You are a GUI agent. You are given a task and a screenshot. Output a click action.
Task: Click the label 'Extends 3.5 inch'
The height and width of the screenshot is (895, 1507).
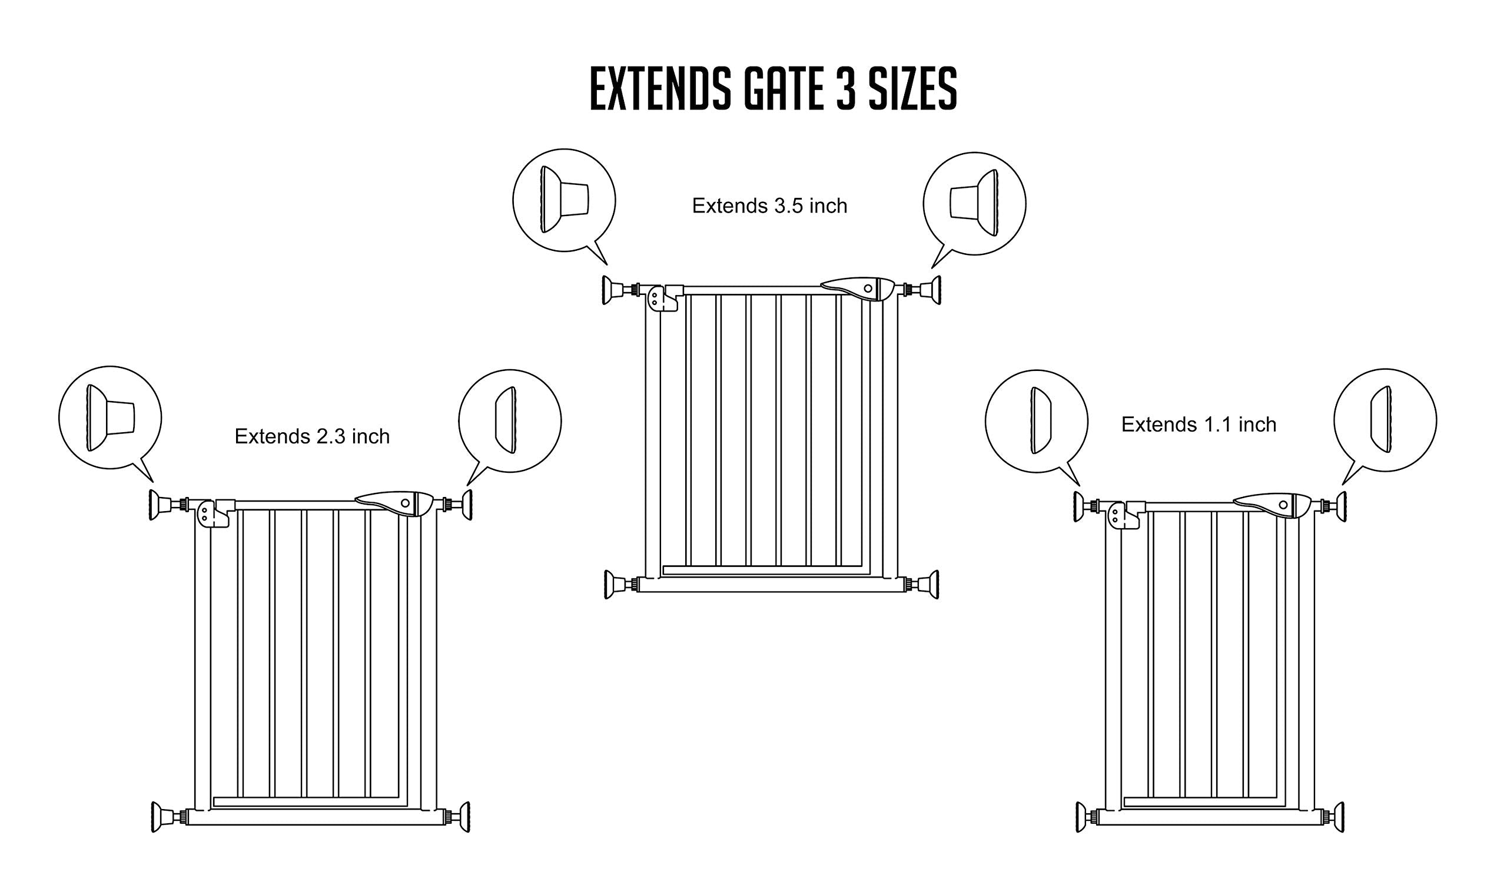[x=769, y=205]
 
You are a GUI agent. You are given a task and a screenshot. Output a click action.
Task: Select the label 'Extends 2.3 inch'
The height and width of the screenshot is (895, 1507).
[x=311, y=436]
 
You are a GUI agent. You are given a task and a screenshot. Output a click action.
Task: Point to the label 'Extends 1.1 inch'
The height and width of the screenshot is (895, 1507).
[x=1199, y=425]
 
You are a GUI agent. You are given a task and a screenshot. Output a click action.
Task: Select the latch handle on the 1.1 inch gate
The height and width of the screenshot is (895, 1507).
[x=1273, y=505]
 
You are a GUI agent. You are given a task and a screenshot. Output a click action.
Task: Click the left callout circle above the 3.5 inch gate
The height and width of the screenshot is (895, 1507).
[x=564, y=200]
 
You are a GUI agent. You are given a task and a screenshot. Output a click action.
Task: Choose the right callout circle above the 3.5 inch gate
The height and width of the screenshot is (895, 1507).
[x=974, y=203]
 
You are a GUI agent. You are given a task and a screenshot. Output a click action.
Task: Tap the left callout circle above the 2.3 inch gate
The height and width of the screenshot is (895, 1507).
[x=110, y=417]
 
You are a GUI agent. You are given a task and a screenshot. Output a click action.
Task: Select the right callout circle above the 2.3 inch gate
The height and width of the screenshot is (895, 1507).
[x=510, y=421]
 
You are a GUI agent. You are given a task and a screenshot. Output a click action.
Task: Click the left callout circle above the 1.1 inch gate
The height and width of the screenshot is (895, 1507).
[x=1037, y=421]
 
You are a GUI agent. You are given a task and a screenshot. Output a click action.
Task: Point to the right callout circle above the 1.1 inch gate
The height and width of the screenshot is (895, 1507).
[x=1385, y=420]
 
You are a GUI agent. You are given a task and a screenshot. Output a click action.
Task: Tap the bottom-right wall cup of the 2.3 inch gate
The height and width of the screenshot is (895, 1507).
[x=463, y=817]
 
